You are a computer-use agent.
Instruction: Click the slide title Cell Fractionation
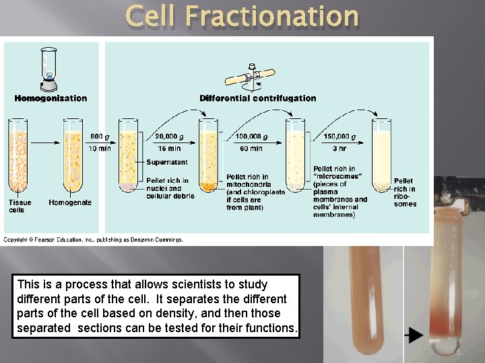(242, 17)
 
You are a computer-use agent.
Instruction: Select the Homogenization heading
(51, 98)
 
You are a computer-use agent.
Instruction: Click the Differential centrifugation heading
(257, 98)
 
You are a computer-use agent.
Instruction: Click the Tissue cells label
(20, 206)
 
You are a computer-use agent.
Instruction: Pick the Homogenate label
(70, 202)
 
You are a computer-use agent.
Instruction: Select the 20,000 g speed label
(173, 136)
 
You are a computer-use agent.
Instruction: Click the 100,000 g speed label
(251, 136)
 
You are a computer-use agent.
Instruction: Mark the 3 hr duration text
(339, 149)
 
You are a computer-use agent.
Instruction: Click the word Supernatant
(166, 163)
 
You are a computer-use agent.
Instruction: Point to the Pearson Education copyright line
(93, 239)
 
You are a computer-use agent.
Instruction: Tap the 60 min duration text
(251, 149)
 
